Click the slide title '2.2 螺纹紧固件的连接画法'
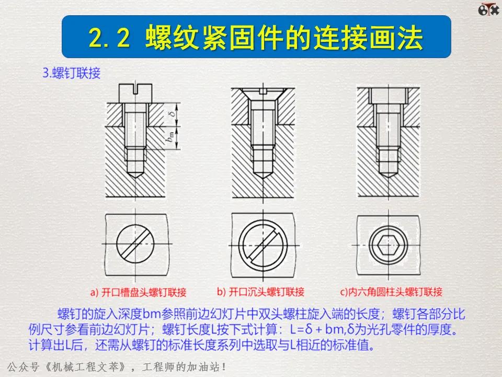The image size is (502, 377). tap(256, 38)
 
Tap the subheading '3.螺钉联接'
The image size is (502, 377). tap(72, 73)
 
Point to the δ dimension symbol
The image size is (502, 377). tap(173, 114)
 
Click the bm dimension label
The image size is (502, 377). tap(171, 137)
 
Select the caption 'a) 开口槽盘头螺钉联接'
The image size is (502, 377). tap(138, 292)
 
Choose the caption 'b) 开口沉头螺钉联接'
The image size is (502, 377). tap(260, 292)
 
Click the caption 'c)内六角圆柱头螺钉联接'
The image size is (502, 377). tap(391, 292)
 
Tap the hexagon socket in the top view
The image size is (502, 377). tap(389, 246)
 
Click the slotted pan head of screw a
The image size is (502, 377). tap(135, 93)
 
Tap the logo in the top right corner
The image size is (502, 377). tap(488, 9)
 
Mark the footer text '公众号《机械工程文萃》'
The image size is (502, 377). tap(66, 367)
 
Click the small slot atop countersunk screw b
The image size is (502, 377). tap(263, 91)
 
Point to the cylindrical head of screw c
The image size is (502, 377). tap(389, 95)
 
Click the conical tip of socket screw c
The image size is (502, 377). tap(389, 174)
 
